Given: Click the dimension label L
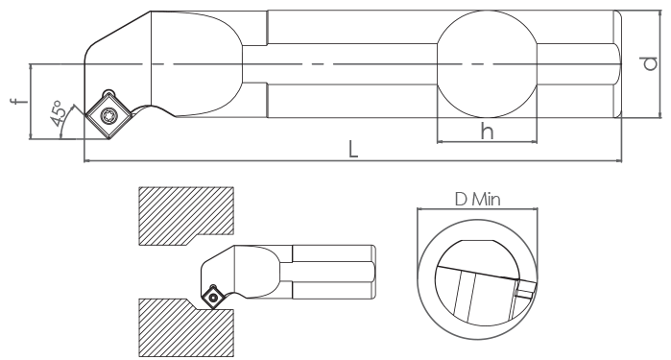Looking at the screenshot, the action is tap(352, 150).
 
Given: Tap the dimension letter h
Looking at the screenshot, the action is tap(487, 131).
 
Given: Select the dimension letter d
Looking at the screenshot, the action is tap(650, 63).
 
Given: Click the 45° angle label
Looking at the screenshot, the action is tap(60, 113).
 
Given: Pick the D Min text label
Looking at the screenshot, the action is tap(478, 199).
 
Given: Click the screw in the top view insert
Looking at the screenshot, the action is tap(108, 115).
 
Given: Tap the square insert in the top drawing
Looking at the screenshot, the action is tap(108, 115).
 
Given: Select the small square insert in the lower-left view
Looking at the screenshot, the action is tap(212, 297).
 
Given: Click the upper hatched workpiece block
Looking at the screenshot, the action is tap(185, 215).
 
